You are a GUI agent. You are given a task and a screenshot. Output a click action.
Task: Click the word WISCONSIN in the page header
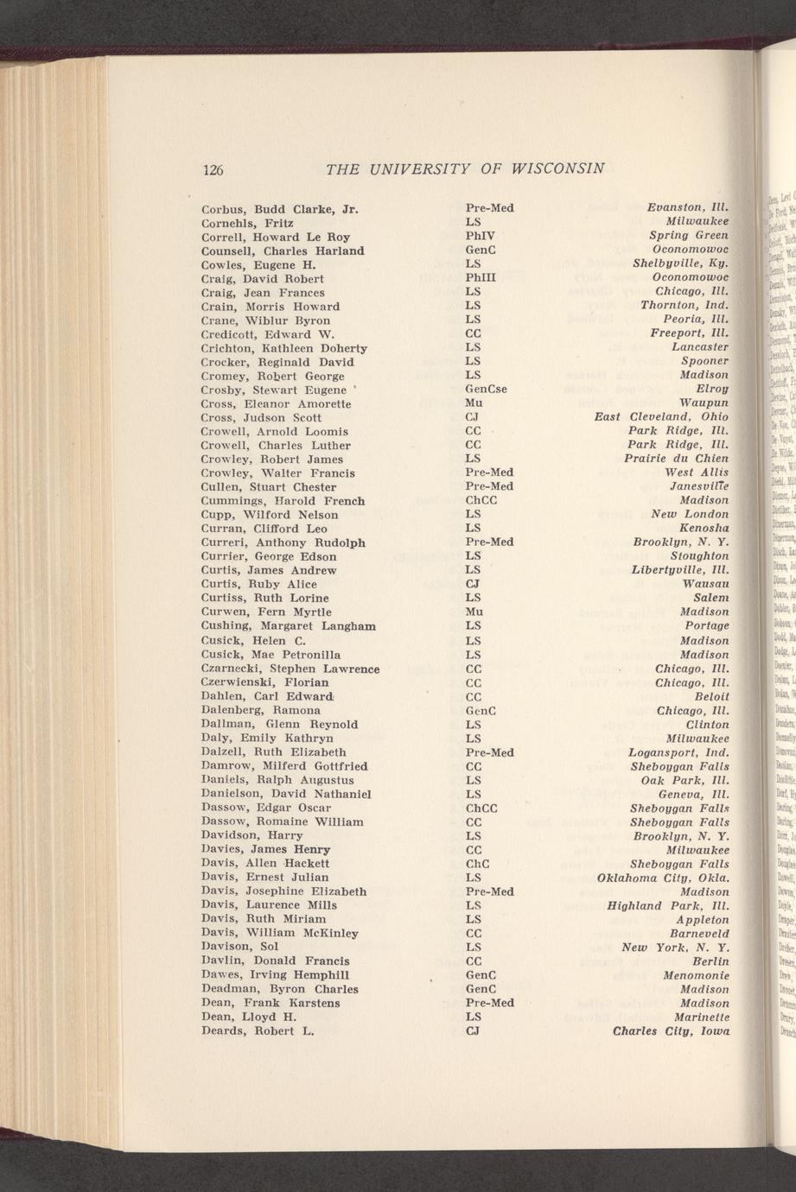(555, 168)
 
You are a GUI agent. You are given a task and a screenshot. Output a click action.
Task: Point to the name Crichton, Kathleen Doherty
(283, 347)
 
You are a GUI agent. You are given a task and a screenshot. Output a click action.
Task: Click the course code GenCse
(486, 389)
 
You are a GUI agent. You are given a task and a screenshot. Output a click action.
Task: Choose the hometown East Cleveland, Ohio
(661, 417)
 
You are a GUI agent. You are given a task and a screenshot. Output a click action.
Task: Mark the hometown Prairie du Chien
(676, 459)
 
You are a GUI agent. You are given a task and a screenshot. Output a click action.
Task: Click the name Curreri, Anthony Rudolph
(283, 542)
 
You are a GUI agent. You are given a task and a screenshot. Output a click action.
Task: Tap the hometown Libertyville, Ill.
(680, 570)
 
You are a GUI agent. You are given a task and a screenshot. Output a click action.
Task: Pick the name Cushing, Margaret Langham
(288, 625)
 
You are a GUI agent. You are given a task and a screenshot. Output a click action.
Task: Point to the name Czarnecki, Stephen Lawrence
(290, 668)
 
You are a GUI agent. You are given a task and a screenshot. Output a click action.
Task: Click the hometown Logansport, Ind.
(678, 751)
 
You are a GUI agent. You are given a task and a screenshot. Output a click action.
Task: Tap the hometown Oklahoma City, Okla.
(663, 878)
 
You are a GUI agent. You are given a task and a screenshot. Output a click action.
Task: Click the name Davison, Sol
(239, 947)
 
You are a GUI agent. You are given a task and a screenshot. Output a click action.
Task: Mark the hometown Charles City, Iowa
(671, 1030)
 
